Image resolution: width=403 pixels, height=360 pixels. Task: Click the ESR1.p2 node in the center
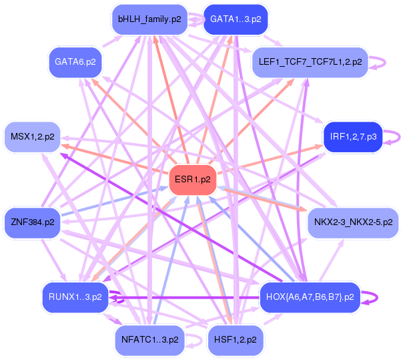pyautogui.click(x=192, y=180)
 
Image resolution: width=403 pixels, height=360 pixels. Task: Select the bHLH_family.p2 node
pyautogui.click(x=149, y=20)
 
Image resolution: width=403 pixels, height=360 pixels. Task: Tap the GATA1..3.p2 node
pyautogui.click(x=235, y=20)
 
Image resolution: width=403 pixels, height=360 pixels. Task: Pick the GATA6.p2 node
pyautogui.click(x=75, y=61)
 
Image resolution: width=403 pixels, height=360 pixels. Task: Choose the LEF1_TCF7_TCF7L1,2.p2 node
pyautogui.click(x=309, y=62)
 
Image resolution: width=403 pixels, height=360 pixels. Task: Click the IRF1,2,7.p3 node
pyautogui.click(x=352, y=137)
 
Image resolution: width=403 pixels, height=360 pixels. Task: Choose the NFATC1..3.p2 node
pyautogui.click(x=149, y=339)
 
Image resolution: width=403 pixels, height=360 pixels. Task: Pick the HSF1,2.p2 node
pyautogui.click(x=236, y=339)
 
